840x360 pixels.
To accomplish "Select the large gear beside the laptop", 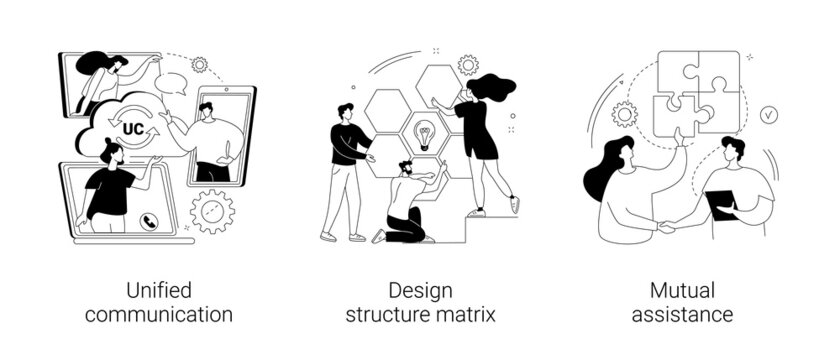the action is [x=211, y=211].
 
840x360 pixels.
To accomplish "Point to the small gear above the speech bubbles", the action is [x=200, y=64].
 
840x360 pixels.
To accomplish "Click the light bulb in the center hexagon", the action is [x=423, y=134].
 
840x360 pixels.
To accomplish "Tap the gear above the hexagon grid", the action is [x=467, y=65].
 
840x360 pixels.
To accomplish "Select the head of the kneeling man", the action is [x=405, y=167].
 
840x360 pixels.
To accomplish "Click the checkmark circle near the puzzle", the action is [x=769, y=114].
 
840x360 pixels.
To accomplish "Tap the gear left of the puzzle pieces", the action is [x=626, y=113].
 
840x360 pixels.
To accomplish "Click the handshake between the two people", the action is [x=665, y=228].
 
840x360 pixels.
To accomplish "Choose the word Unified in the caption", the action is [x=159, y=291].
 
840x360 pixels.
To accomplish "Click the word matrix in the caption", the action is [x=468, y=315].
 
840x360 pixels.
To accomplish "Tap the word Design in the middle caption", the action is [x=421, y=291].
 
